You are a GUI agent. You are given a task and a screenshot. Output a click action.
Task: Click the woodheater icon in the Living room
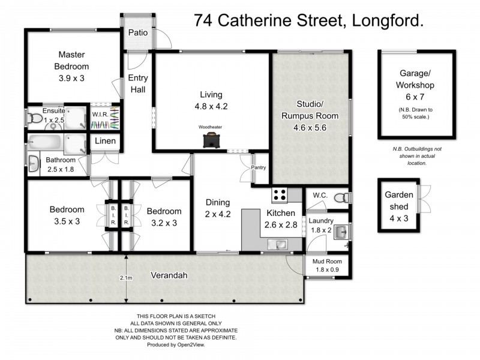(211, 140)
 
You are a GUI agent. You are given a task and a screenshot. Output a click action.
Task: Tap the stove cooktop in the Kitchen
(280, 194)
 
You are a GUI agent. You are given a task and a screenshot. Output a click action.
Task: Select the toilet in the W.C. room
(340, 197)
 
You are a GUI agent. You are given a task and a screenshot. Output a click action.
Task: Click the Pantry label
(259, 167)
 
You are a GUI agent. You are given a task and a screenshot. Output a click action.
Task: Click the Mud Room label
(326, 262)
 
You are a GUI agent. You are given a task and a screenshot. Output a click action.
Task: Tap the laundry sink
(339, 232)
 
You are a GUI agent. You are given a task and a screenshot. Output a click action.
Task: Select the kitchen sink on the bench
(278, 244)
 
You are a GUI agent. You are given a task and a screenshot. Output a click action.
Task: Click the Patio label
(138, 34)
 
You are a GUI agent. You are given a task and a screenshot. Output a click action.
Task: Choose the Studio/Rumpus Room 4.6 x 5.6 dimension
(310, 127)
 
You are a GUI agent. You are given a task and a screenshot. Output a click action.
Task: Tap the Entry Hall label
(138, 83)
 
